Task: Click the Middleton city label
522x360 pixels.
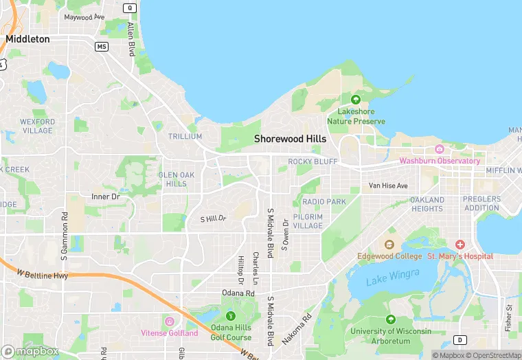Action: [27, 39]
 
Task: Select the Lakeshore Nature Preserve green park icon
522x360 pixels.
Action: [355, 99]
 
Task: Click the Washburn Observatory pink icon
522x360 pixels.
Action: [440, 149]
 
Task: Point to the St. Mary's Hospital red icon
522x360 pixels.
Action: [460, 245]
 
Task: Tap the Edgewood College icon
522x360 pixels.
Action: [389, 245]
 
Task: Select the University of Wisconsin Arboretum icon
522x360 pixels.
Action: [391, 319]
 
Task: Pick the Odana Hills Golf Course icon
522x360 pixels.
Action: [231, 316]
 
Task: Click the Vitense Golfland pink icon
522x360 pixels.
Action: [169, 322]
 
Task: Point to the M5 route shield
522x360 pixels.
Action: [102, 46]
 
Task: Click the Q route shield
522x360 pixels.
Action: [130, 8]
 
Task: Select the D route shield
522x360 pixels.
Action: [459, 339]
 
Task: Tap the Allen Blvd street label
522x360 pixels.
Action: [131, 38]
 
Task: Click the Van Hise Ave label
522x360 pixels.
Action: [388, 185]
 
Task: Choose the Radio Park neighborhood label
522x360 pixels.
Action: [324, 201]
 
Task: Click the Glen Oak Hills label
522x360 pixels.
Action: [177, 179]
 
